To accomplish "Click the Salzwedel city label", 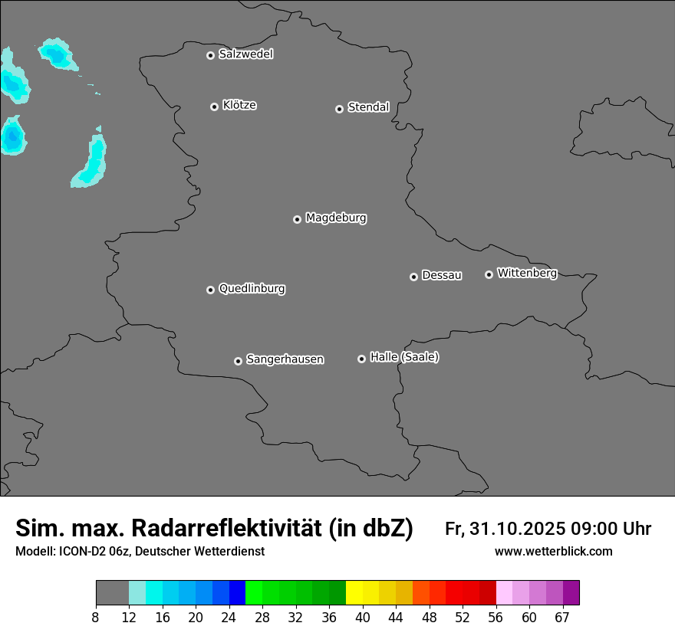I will click(x=245, y=54).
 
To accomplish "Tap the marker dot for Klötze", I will click(x=214, y=107).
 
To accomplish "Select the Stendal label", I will click(x=368, y=107).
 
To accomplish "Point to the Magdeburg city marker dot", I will click(x=297, y=219).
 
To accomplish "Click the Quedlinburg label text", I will click(x=252, y=289).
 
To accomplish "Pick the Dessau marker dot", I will click(x=413, y=277).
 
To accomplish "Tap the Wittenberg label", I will click(x=526, y=273).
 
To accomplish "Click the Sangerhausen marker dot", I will click(x=238, y=361).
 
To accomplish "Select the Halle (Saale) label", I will click(x=404, y=357).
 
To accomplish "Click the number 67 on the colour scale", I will click(x=562, y=618).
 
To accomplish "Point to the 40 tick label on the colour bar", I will click(x=363, y=618).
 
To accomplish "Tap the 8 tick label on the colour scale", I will click(x=96, y=618).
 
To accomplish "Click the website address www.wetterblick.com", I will click(x=553, y=552).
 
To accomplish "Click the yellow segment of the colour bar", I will click(x=354, y=593).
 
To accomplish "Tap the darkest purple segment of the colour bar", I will click(x=571, y=593).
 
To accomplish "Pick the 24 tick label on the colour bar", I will click(x=229, y=618).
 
